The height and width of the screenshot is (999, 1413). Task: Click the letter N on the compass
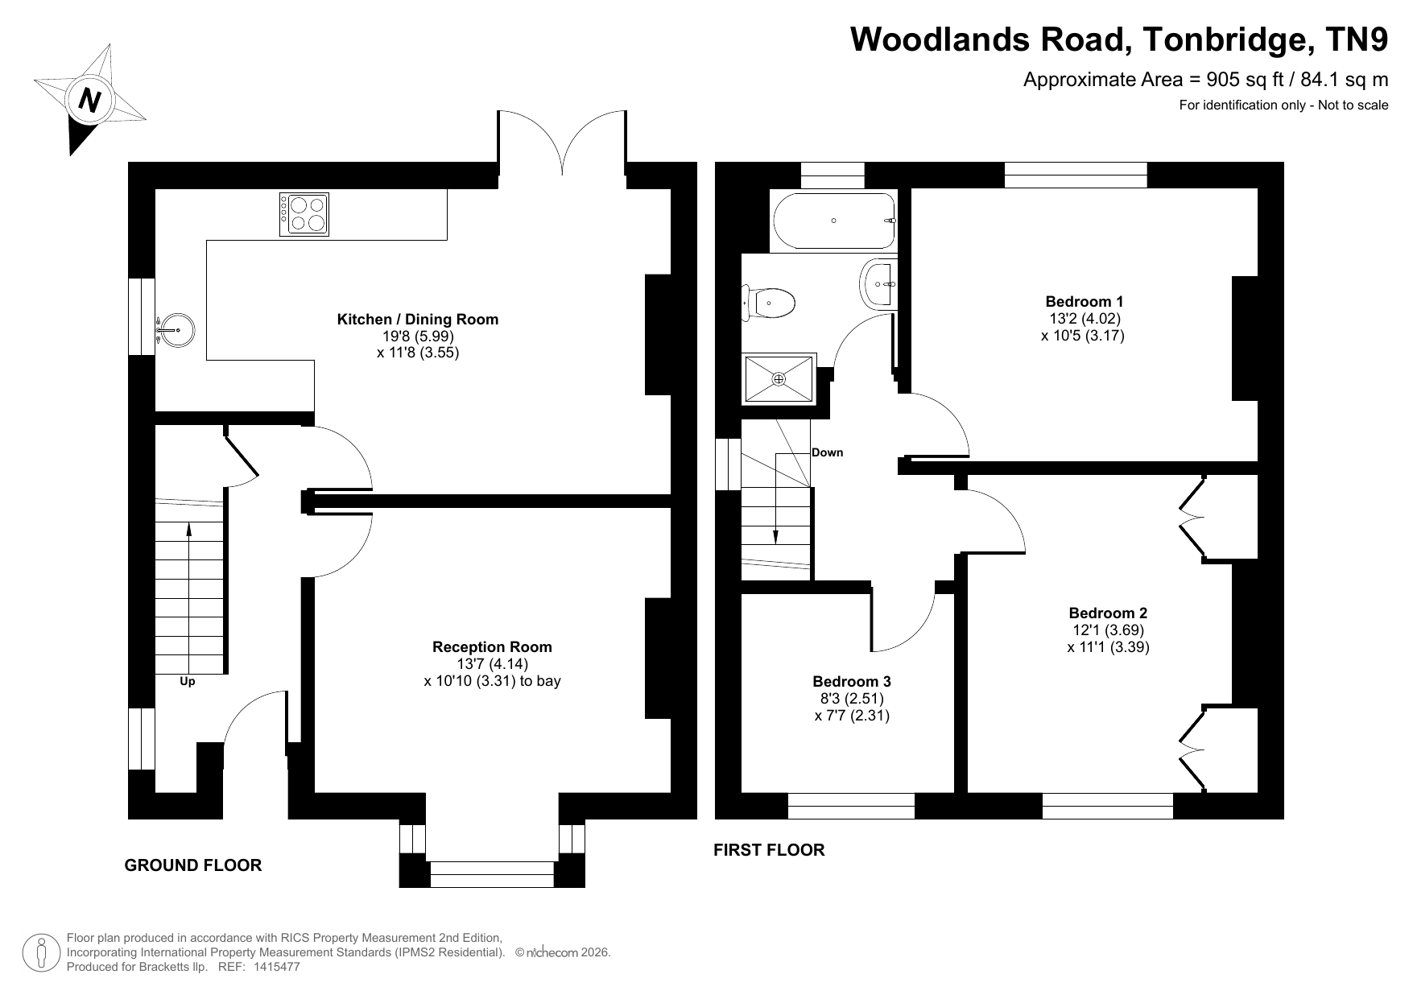click(x=89, y=100)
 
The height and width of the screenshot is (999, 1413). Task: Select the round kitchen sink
click(x=175, y=329)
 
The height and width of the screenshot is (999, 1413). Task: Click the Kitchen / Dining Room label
click(x=417, y=320)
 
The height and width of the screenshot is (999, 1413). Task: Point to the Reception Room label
click(x=492, y=647)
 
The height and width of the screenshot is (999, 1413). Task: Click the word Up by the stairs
click(x=187, y=681)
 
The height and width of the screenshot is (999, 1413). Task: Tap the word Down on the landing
click(x=827, y=452)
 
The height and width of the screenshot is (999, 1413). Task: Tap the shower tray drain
click(x=779, y=378)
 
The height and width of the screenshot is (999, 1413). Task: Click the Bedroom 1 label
click(x=1084, y=303)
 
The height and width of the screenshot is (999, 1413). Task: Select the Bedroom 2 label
click(x=1108, y=613)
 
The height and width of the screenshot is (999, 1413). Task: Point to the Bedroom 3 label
click(x=852, y=682)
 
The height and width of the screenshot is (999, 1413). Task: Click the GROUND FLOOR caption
click(x=193, y=865)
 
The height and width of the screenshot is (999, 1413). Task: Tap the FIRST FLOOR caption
click(x=769, y=850)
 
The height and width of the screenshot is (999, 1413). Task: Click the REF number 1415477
click(x=276, y=967)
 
